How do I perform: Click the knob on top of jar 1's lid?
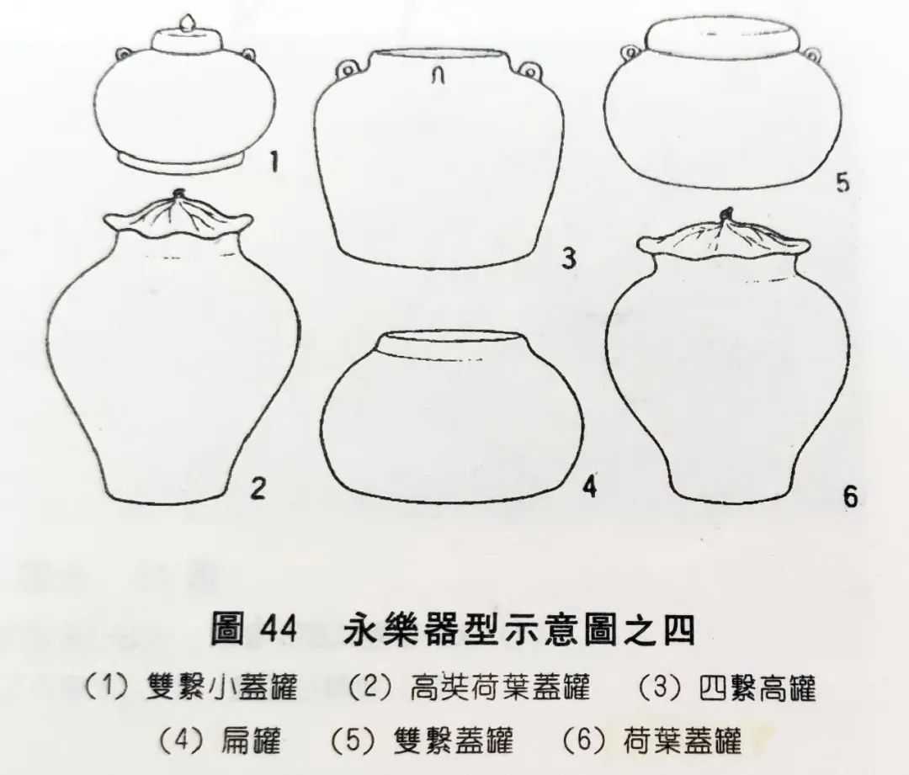point(187,24)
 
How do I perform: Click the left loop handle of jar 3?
point(347,71)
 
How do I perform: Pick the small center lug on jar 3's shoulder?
point(439,75)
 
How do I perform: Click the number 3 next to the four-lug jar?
point(569,257)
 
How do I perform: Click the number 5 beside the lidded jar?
point(843,182)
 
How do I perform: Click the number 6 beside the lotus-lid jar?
point(850,496)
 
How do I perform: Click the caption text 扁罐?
point(251,740)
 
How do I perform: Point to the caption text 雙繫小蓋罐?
point(222,687)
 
